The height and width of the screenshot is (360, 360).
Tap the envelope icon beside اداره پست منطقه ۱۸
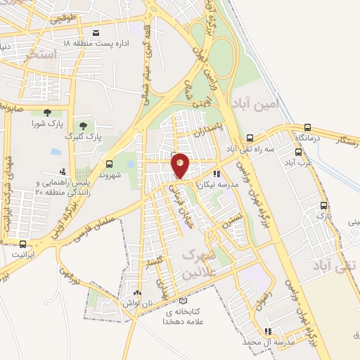96,32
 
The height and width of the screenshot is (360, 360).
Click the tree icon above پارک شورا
47,112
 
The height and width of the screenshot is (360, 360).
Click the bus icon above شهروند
108,164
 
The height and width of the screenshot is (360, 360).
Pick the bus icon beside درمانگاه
307,127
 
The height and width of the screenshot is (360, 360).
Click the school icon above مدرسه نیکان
217,172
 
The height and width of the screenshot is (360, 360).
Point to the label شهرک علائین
205,264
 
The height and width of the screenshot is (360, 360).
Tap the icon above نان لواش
136,294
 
